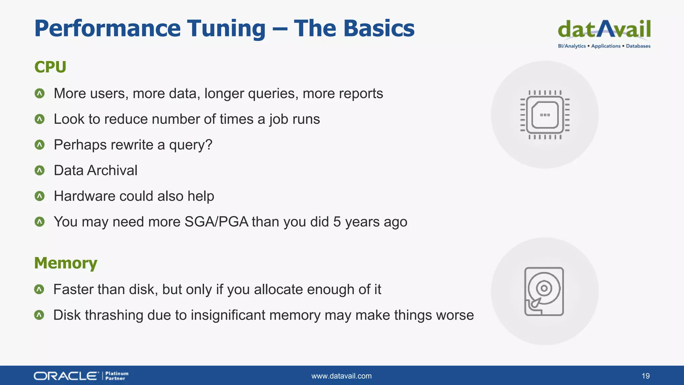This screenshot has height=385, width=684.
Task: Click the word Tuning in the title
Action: [226, 29]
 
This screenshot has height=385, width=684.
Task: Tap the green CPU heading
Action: [50, 67]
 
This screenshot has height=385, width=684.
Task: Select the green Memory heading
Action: [65, 263]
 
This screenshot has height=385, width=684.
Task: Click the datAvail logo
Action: [604, 30]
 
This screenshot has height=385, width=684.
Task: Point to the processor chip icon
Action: [545, 115]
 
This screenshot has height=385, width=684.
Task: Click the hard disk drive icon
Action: [544, 291]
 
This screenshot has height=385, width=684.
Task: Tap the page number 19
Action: [645, 376]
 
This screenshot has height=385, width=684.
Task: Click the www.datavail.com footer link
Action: [341, 376]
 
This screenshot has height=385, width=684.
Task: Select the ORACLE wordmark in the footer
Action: [66, 376]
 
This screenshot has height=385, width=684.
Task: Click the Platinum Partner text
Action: [117, 376]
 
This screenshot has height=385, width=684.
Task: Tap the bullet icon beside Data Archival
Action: [39, 170]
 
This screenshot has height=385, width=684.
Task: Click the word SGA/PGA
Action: [216, 222]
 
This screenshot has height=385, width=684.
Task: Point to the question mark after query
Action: [209, 145]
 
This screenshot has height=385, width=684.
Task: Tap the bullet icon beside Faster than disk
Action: [39, 289]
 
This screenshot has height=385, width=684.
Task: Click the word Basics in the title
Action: [379, 29]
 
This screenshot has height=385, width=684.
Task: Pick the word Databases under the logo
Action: [638, 46]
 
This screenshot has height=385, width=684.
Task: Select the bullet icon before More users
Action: [39, 93]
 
